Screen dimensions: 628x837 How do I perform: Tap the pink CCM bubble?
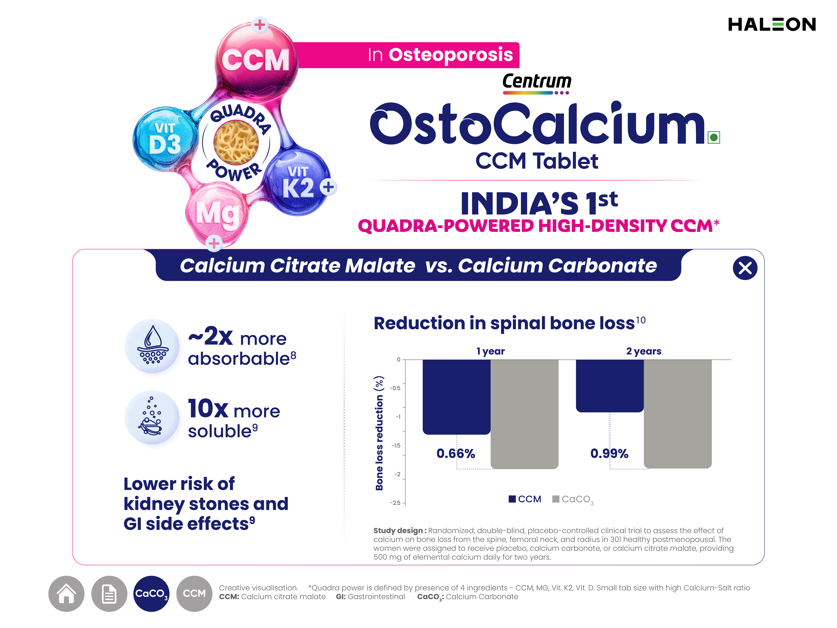tap(256, 60)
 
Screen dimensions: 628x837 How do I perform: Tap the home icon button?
tap(66, 594)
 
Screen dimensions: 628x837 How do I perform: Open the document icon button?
tap(109, 594)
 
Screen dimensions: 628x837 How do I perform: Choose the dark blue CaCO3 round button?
tap(151, 594)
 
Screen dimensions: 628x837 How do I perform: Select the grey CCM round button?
tap(194, 594)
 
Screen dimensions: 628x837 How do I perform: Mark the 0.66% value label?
tap(456, 454)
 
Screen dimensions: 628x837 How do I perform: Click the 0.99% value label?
tap(609, 454)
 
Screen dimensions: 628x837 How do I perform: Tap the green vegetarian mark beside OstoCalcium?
tap(714, 137)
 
